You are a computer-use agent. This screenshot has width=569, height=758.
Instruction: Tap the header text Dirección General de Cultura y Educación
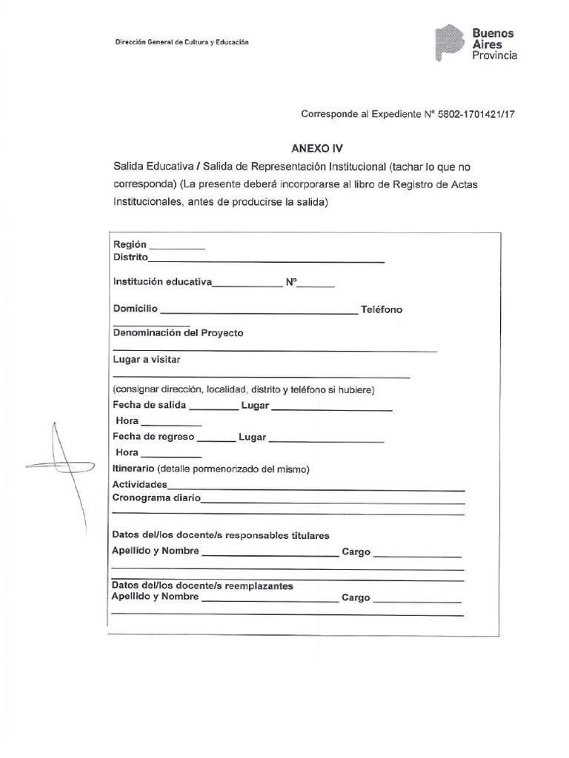tap(182, 42)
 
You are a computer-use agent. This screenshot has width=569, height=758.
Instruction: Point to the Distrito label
tap(130, 258)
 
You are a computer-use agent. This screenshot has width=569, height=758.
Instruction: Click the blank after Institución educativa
tap(247, 284)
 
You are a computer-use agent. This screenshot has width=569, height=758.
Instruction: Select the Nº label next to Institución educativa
tap(291, 282)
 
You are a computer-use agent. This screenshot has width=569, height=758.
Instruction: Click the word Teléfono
tap(382, 309)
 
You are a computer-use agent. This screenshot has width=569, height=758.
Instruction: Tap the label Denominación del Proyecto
tap(178, 333)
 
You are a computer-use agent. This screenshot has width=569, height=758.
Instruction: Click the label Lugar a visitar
tap(147, 359)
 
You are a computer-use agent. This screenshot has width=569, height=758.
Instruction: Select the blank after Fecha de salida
tap(214, 408)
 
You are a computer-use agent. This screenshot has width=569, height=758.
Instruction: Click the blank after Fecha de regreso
tap(216, 439)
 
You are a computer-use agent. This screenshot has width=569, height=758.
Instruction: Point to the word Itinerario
tap(133, 469)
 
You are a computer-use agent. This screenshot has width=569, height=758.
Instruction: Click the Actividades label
tap(139, 485)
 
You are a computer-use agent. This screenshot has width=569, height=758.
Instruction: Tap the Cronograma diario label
tap(156, 498)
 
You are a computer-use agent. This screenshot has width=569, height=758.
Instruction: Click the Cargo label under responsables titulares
tap(356, 552)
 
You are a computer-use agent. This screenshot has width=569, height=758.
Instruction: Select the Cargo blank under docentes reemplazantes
tap(417, 600)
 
